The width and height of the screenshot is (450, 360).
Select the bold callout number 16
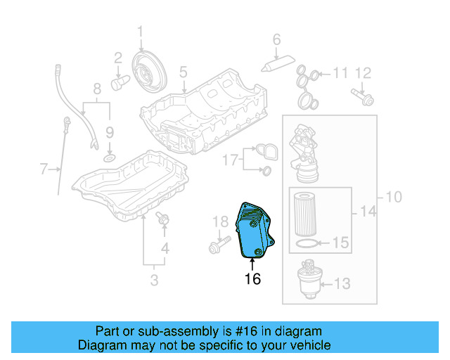252,279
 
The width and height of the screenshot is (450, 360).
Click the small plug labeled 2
120,83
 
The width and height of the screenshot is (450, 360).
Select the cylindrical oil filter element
306,212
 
